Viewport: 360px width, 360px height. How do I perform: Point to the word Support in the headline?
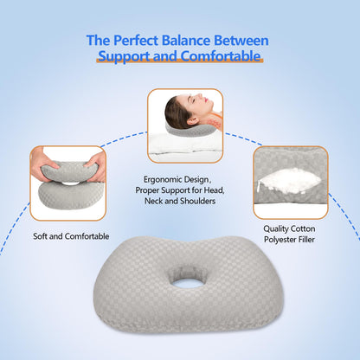click(127, 57)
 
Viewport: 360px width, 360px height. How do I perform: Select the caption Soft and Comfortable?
click(71, 235)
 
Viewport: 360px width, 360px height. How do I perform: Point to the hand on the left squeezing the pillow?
click(41, 162)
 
